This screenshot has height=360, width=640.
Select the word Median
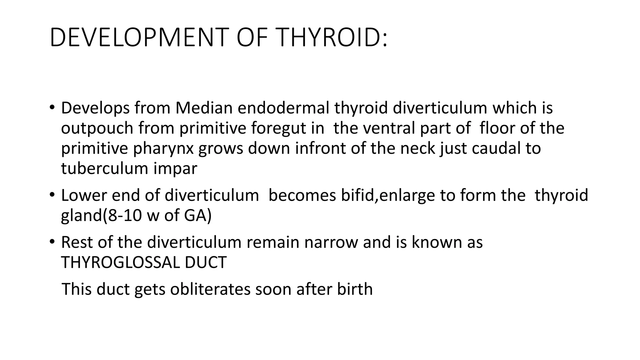coord(204,108)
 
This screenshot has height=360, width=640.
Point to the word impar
coord(175,169)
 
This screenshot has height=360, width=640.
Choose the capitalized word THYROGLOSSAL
coord(120,262)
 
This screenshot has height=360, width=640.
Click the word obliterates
coord(210,289)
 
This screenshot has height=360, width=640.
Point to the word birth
coord(355,289)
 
